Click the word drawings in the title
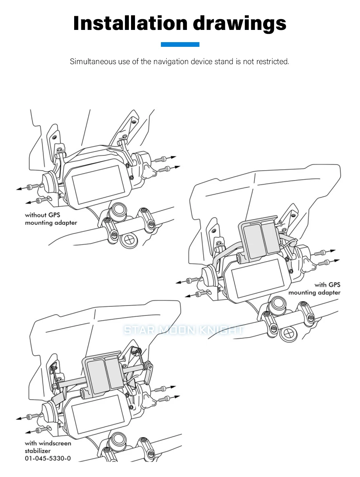click(x=239, y=24)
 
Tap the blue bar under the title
click(x=180, y=44)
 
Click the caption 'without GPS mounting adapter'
click(x=51, y=219)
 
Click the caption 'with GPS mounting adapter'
click(x=314, y=289)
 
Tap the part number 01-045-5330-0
click(x=48, y=458)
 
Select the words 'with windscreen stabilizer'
click(x=48, y=447)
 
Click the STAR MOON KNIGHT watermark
click(x=184, y=330)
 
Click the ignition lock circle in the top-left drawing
click(x=129, y=240)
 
